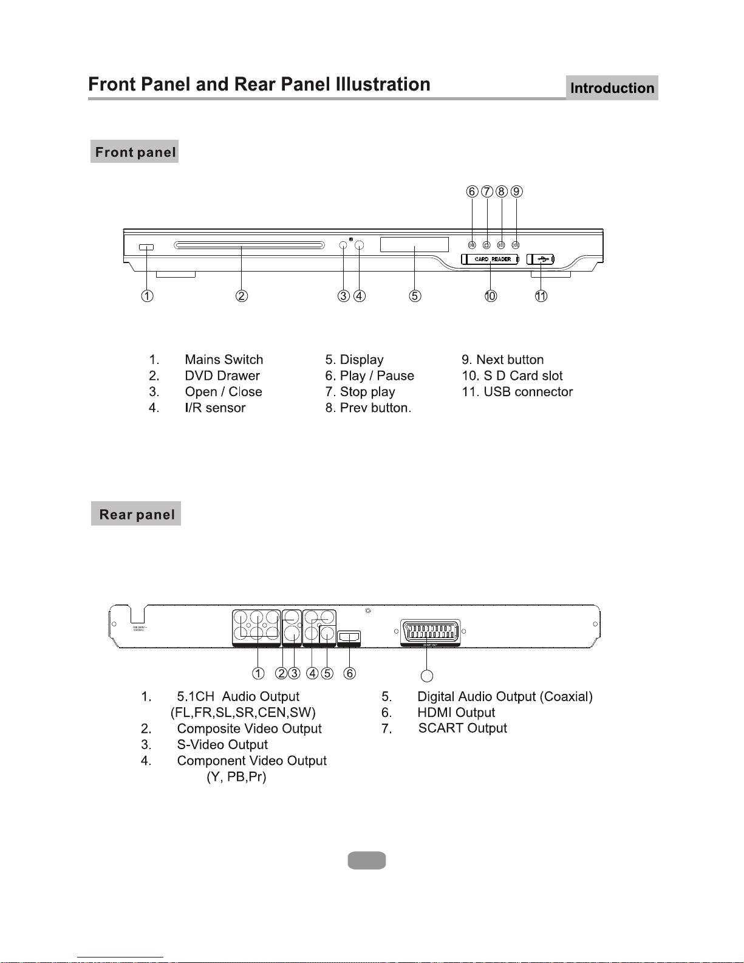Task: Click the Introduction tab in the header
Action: click(x=612, y=88)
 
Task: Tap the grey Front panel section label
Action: click(x=135, y=152)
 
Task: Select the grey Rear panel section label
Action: click(x=136, y=514)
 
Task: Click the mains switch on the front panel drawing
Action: click(x=146, y=247)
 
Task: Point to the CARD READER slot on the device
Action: click(x=490, y=259)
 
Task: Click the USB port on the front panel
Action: click(x=541, y=259)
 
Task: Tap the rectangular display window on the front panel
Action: click(x=414, y=244)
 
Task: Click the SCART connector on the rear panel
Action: click(x=430, y=631)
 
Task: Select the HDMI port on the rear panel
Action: click(x=349, y=637)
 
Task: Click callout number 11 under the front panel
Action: click(x=541, y=296)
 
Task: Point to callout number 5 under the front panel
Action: click(x=415, y=296)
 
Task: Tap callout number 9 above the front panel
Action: click(x=516, y=191)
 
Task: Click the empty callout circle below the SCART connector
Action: click(x=427, y=676)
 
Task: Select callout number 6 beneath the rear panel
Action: click(x=349, y=673)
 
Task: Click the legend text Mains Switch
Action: click(x=224, y=360)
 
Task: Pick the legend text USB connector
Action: click(x=528, y=392)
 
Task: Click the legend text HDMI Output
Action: click(x=456, y=713)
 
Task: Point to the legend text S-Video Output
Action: click(x=222, y=745)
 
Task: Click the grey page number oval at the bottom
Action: click(x=367, y=860)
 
